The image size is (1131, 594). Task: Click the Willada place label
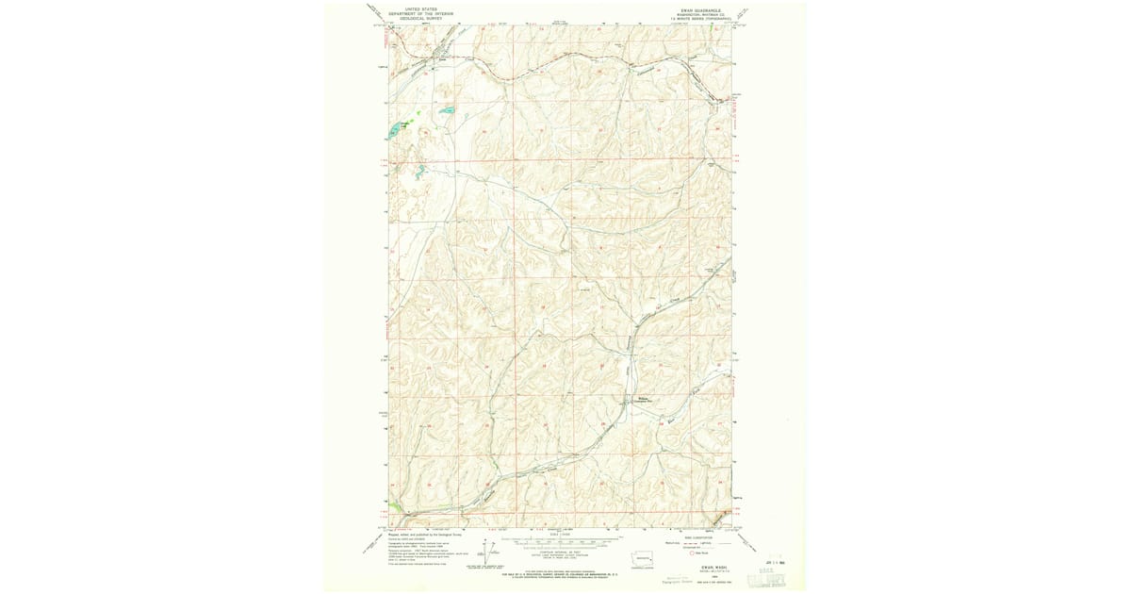pos(642,399)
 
